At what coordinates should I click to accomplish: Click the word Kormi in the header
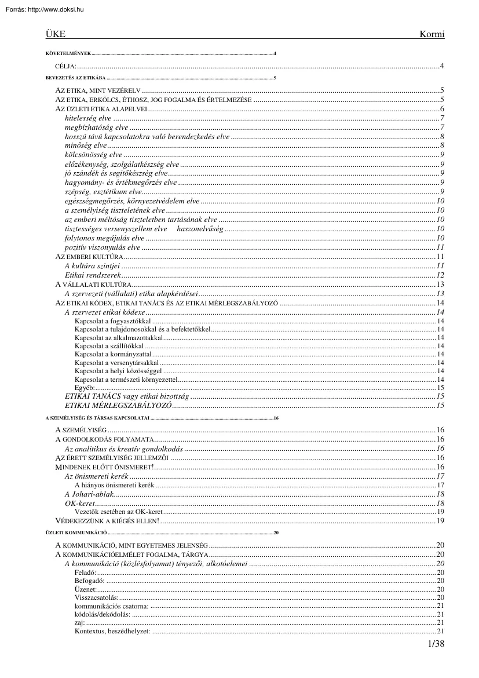[432, 34]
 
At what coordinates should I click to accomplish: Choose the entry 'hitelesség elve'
[89, 118]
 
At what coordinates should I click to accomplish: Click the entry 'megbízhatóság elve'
[97, 127]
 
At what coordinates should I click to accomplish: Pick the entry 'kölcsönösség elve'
[94, 154]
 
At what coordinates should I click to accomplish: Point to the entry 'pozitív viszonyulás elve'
[103, 247]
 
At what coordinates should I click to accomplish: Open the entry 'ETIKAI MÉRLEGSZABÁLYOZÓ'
[118, 405]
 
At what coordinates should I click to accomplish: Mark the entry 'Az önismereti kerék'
[97, 476]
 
